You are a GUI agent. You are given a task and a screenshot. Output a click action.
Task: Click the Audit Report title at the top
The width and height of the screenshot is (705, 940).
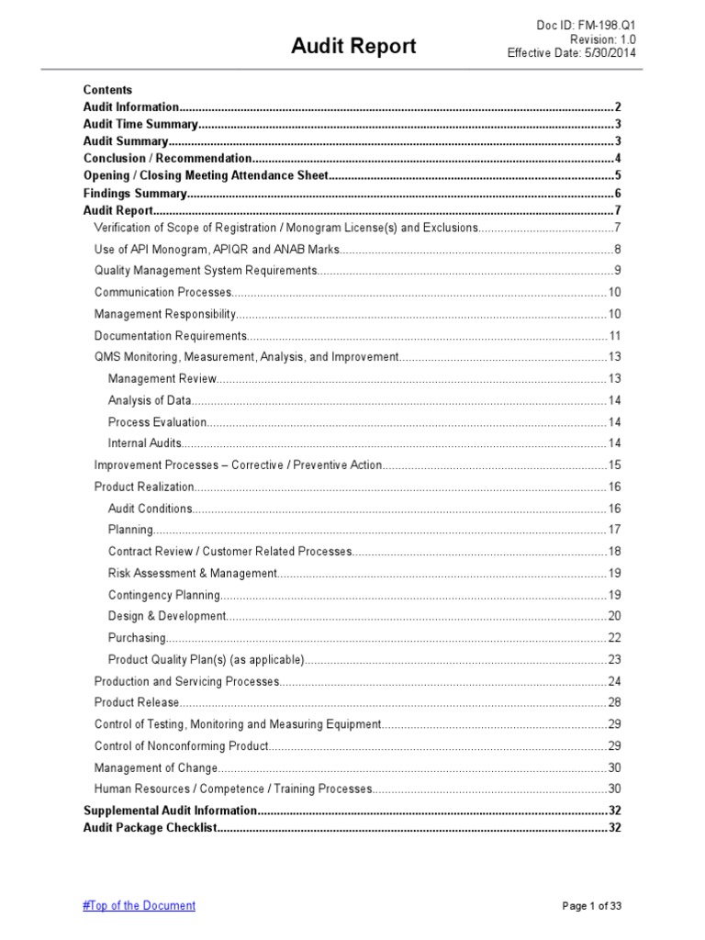[x=353, y=46]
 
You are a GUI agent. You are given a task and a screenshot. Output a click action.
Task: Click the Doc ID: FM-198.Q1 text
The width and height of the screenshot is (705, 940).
[x=587, y=25]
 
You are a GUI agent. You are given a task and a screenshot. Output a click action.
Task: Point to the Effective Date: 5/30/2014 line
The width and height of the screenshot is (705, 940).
[x=572, y=53]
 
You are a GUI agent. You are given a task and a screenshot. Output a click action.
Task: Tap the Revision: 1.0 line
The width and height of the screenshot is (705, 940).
[x=603, y=39]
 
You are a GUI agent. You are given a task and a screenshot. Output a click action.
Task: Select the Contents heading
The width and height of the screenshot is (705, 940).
[x=107, y=90]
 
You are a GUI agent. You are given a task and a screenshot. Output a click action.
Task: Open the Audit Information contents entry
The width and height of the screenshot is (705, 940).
[x=130, y=107]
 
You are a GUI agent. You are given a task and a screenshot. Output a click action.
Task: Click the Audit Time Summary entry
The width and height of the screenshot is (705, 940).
[x=140, y=124]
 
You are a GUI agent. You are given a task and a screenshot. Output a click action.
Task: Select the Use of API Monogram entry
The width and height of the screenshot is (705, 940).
[x=217, y=249]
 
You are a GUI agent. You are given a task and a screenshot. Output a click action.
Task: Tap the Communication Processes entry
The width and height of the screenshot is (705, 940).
[x=162, y=292]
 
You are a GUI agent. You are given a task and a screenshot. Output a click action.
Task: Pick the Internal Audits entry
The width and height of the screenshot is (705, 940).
[x=145, y=443]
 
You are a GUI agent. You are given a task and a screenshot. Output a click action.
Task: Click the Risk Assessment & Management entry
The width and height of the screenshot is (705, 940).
[x=192, y=573]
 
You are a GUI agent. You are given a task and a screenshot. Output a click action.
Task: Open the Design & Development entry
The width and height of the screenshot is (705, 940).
[x=166, y=616]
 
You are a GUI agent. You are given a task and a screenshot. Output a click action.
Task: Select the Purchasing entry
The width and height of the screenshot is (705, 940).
[x=137, y=638]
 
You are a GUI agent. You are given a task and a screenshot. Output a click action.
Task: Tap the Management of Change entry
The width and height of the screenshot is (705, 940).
[x=156, y=767]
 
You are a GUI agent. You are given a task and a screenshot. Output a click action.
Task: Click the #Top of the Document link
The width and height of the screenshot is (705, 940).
[x=139, y=905]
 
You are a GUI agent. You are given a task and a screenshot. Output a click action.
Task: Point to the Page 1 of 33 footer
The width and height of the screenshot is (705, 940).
[x=592, y=906]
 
